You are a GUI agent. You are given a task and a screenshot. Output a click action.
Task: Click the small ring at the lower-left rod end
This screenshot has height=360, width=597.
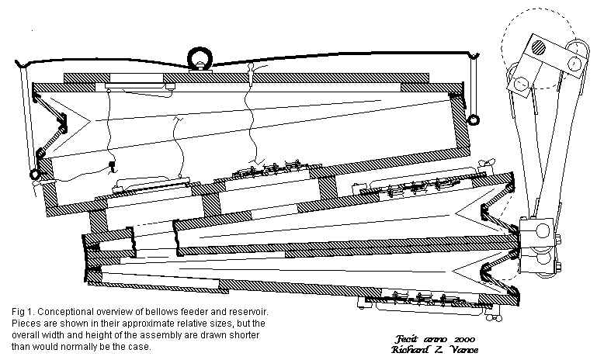click(x=34, y=175)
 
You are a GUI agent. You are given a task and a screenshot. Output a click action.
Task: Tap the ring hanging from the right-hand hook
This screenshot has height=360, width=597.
click(x=473, y=119)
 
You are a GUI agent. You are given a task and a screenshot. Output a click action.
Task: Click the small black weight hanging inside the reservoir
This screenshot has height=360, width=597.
click(x=113, y=164)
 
